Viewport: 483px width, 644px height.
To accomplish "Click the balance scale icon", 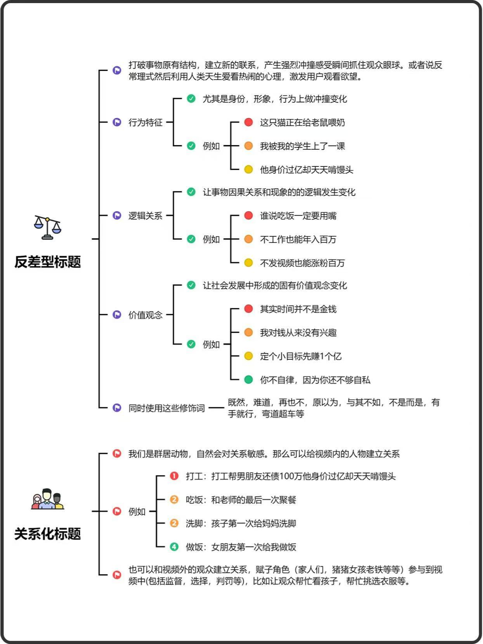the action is point(47,227).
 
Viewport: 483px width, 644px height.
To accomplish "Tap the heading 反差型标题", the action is point(47,262).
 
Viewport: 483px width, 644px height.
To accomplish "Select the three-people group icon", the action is point(47,499).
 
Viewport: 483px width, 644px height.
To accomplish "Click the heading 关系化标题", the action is point(47,534).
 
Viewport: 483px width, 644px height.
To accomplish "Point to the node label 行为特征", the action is point(145,122).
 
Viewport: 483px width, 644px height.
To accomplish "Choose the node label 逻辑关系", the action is point(145,216).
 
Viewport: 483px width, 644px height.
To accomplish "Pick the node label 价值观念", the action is point(145,315).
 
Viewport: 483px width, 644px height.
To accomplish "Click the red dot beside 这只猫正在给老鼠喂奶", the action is point(248,122).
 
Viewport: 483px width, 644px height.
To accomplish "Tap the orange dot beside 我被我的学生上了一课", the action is point(248,145).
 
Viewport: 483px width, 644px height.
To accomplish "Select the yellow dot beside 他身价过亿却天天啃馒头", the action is point(248,169).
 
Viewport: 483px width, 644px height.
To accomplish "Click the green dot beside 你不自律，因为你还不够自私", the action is point(248,380).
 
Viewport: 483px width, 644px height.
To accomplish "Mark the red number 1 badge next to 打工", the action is point(174,476).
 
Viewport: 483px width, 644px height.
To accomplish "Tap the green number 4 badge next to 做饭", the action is point(174,547).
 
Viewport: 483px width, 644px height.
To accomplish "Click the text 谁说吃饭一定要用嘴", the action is point(298,216).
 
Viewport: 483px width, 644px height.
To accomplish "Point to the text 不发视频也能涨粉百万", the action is point(302,263).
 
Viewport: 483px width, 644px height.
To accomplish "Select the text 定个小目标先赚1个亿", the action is point(301,357).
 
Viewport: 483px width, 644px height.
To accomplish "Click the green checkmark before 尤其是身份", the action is point(191,99).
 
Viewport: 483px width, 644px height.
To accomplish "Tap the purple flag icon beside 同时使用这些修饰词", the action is point(117,408).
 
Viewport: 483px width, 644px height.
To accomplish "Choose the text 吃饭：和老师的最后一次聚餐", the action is point(241,500).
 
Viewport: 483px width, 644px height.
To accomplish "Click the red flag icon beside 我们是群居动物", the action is point(117,454).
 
